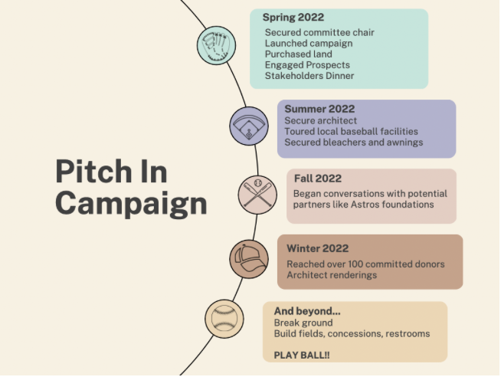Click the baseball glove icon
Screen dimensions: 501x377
[216, 46]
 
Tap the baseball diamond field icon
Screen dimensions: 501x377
[249, 126]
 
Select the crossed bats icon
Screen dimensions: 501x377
[257, 195]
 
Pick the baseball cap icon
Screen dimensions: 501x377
[249, 259]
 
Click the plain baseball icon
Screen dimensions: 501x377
[224, 319]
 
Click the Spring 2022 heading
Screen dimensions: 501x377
[293, 18]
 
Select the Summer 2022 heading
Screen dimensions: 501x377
[319, 109]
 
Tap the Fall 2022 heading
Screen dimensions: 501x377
[318, 179]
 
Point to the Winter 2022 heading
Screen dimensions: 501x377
[318, 248]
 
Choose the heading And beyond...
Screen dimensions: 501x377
[307, 311]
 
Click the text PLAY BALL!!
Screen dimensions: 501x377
[302, 356]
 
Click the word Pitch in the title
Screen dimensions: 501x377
[93, 172]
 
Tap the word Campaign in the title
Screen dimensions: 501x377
[131, 204]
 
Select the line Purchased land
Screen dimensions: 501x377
[299, 54]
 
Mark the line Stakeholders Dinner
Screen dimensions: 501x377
[309, 76]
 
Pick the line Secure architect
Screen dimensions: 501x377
[320, 121]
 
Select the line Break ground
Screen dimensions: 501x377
[303, 323]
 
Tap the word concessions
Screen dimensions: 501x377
[355, 334]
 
